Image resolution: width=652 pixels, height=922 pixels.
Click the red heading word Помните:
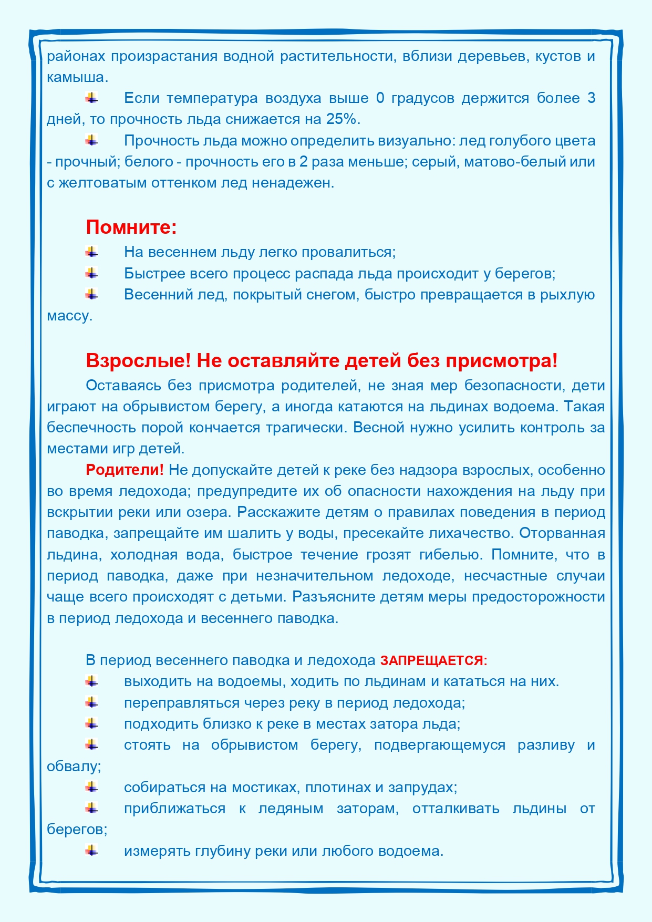tap(131, 227)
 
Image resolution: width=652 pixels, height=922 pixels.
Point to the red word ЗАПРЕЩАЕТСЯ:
tap(433, 660)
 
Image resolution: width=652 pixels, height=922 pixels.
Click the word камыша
tap(77, 77)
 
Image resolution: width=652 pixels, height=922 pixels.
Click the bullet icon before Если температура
tap(92, 97)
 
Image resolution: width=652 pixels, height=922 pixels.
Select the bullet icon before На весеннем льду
tap(92, 252)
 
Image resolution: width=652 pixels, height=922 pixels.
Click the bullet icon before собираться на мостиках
tap(92, 786)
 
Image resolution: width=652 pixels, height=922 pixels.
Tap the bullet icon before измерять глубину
tap(92, 850)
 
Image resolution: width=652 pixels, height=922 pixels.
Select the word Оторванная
tap(562, 533)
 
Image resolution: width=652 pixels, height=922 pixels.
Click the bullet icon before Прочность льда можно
tap(92, 140)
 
